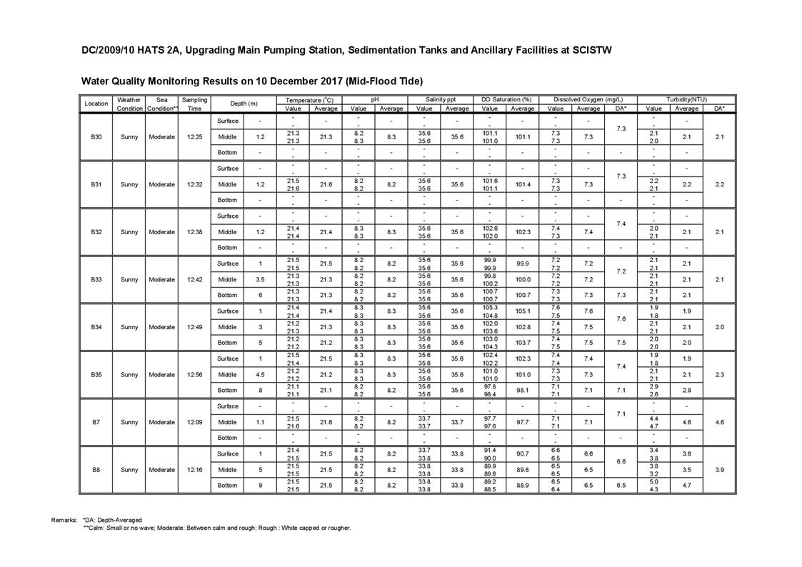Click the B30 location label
pos(96,136)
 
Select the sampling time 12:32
pos(194,184)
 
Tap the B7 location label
pos(96,422)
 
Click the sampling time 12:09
pos(194,422)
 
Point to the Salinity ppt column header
pos(441,99)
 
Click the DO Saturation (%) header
pos(506,99)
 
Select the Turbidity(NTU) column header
pos(686,99)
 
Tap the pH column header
pos(375,99)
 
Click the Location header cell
pos(96,104)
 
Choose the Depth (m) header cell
pos(244,104)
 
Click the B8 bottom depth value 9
pos(261,486)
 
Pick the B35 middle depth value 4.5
pos(261,374)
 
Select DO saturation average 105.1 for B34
pos(523,311)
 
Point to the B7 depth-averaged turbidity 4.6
pos(719,422)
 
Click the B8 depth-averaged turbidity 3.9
pos(719,470)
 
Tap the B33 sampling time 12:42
pos(194,279)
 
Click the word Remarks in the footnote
pos(64,520)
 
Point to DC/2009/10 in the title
pos(109,51)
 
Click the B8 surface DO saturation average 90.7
pos(523,454)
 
